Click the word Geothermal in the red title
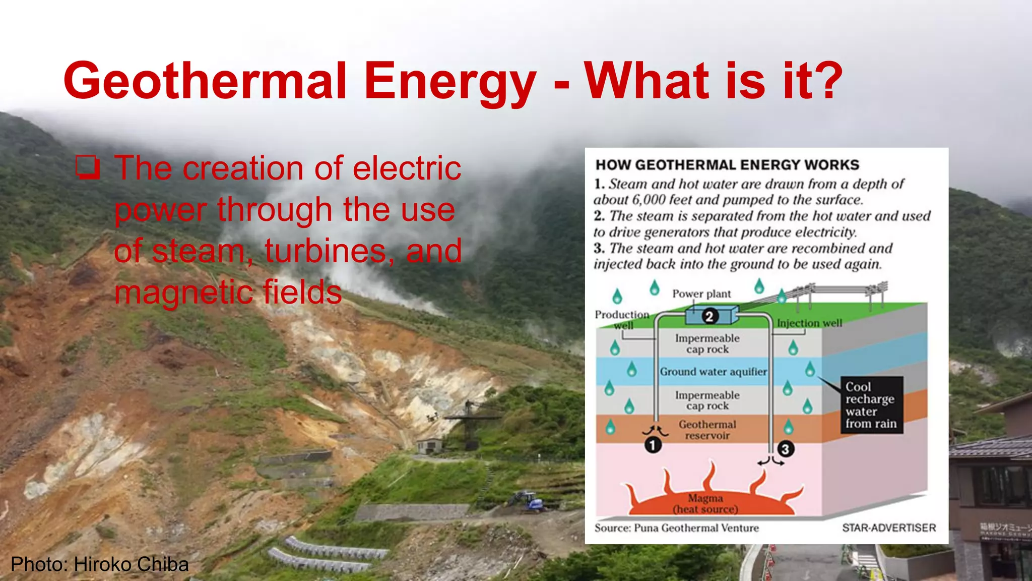[x=205, y=81]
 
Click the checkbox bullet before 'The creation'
[x=88, y=168]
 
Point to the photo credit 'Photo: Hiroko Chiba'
[x=100, y=564]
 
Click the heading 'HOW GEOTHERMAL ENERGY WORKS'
[x=727, y=165]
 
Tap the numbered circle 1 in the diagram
[x=653, y=445]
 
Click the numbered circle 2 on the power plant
[x=709, y=316]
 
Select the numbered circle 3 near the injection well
[x=785, y=449]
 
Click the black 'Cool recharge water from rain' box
[x=871, y=405]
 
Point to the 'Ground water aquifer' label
[x=713, y=372]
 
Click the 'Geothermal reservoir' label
[x=707, y=430]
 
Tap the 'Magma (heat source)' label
[x=705, y=503]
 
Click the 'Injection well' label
[x=809, y=323]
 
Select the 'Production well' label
[x=622, y=319]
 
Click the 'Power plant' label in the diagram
[x=701, y=294]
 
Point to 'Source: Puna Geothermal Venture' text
[x=676, y=528]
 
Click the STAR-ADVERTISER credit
[x=889, y=528]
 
